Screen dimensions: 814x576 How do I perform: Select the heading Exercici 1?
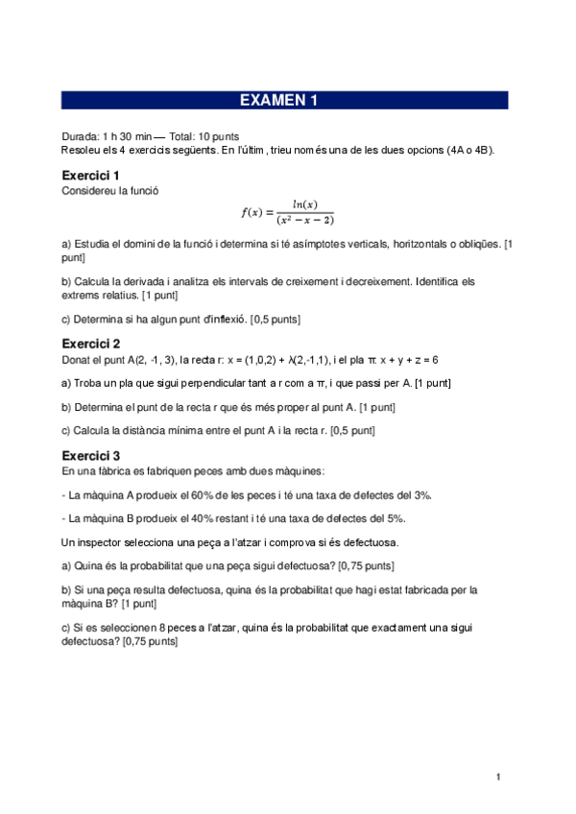pos(90,176)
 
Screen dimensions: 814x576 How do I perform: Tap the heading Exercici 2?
pos(90,344)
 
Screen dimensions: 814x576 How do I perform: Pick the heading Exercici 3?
pos(90,455)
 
